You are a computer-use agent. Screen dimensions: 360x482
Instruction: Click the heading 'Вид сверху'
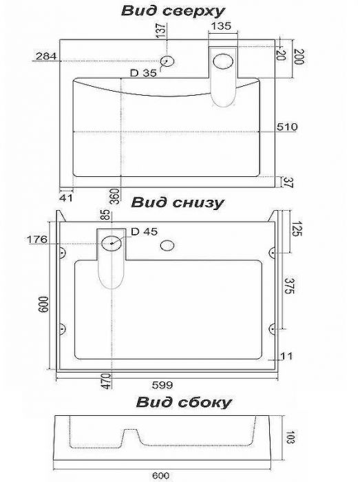coord(173,12)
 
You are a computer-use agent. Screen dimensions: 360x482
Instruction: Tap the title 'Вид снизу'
coord(178,203)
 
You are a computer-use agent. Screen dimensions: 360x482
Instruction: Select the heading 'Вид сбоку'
coord(184,402)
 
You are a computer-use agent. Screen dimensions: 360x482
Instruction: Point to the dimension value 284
coord(46,56)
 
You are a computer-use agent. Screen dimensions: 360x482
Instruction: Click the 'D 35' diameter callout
coord(143,73)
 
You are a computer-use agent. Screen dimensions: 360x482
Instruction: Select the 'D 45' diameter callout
coord(145,231)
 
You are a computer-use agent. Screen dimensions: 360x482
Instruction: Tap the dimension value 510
coord(287,127)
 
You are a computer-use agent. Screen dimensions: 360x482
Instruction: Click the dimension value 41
coord(66,198)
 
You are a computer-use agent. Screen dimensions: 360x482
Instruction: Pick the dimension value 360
coord(114,196)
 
